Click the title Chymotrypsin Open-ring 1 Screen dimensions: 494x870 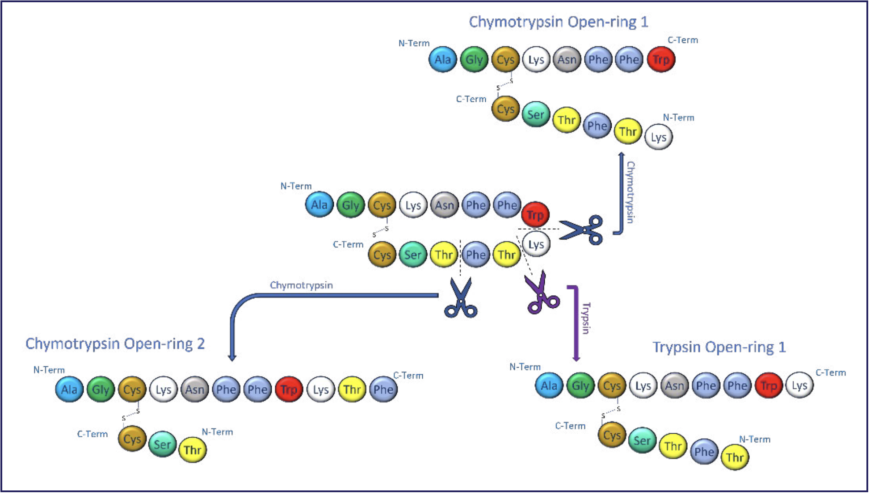558,22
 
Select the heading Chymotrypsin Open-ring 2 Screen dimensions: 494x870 115,343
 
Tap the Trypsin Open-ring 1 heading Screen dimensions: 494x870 719,347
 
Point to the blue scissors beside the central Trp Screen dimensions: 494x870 581,230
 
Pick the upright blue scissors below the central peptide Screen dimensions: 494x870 461,298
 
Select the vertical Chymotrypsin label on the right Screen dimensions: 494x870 630,192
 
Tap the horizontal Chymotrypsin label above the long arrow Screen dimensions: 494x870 301,285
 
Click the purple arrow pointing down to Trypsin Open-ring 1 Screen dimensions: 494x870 576,324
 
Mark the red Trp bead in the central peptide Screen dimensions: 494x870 535,215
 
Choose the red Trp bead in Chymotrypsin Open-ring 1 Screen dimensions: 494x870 661,59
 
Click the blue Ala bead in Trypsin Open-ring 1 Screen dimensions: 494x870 549,385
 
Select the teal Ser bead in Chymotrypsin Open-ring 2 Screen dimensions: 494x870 162,444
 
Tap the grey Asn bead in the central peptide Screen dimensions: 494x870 445,205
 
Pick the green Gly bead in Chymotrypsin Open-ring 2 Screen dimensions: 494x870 101,389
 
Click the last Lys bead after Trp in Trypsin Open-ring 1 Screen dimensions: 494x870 799,385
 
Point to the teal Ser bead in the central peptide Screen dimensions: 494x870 413,255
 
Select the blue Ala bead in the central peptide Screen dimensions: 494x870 319,205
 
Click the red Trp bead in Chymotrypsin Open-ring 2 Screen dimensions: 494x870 289,389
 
